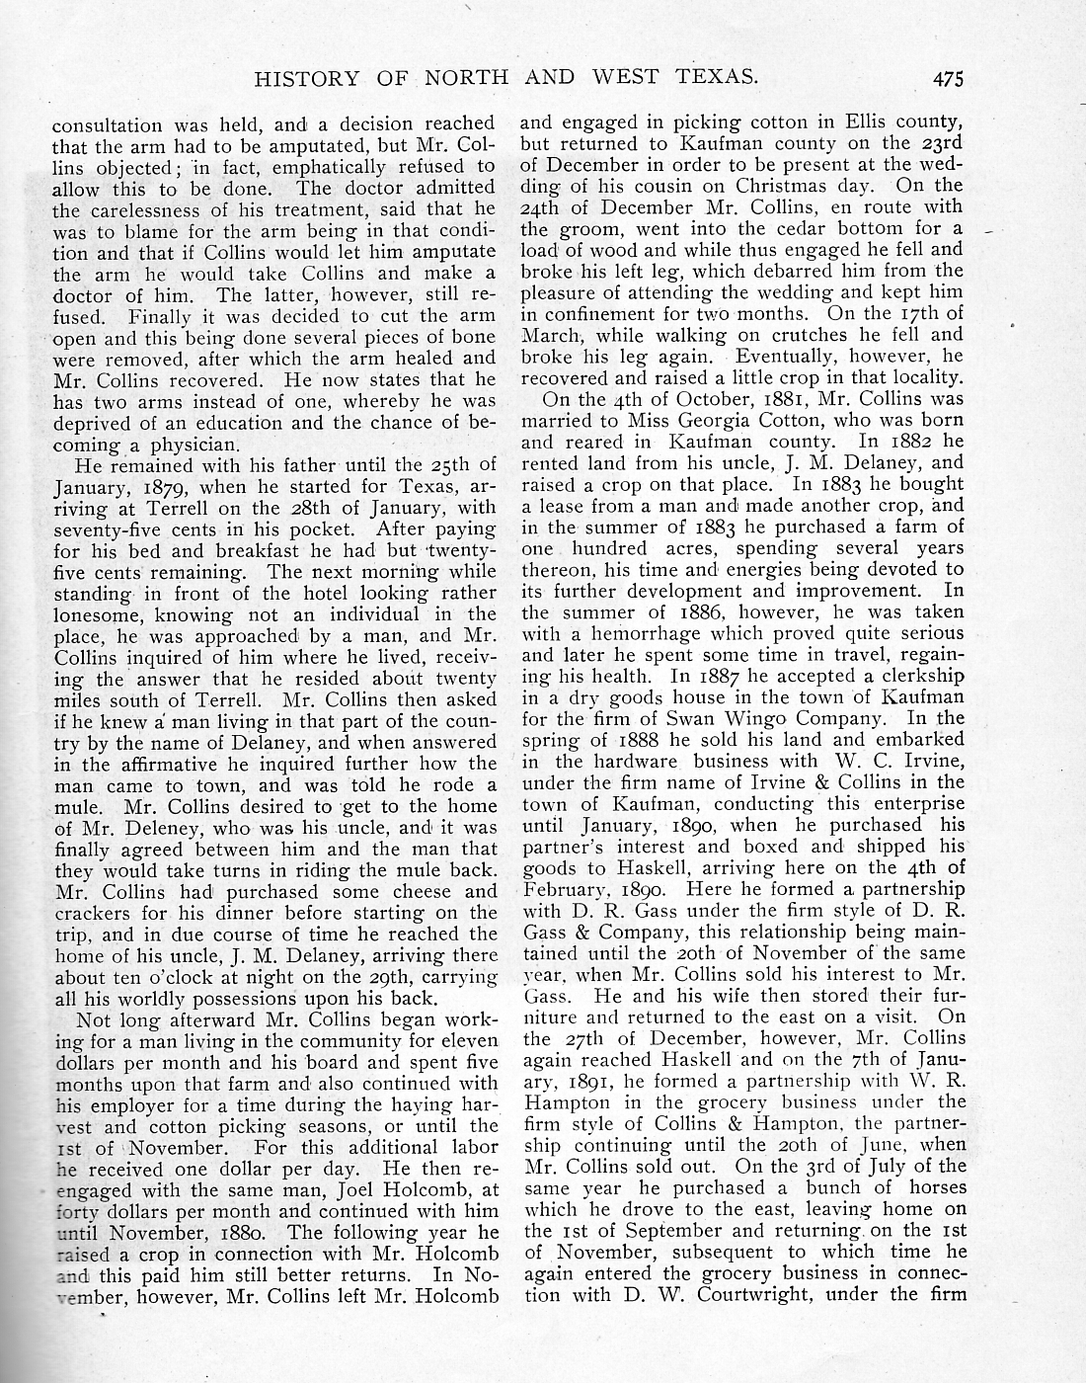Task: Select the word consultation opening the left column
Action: (x=108, y=124)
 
